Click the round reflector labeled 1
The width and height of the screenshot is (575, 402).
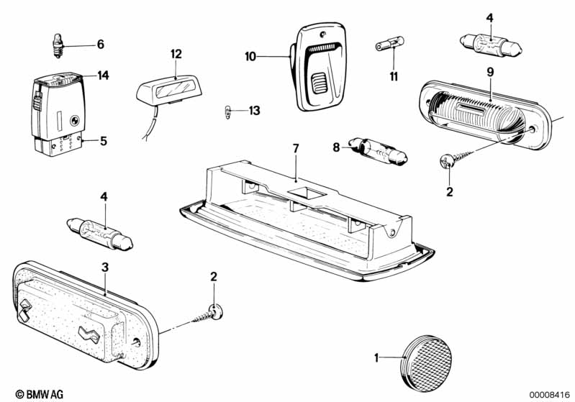pos(427,362)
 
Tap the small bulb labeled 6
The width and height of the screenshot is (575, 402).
pos(57,45)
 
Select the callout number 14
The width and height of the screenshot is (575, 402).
pos(103,76)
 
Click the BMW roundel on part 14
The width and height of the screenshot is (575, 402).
pos(74,119)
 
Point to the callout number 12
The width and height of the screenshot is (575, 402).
pos(176,54)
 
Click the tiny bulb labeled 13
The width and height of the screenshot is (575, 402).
pos(227,111)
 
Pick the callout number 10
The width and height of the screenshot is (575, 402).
pos(250,57)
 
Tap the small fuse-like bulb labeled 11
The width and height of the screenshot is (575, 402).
pos(389,45)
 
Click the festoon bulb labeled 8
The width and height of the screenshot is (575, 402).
pos(379,151)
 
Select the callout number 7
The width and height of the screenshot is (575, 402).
pos(296,148)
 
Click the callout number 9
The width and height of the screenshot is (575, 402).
pos(491,72)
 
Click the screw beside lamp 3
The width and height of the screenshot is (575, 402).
pos(207,314)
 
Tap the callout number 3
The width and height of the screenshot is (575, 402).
pos(105,267)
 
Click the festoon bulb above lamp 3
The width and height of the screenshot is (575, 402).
pos(100,234)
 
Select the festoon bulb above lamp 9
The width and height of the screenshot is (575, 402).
pos(491,45)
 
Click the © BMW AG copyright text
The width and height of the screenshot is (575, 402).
pos(40,394)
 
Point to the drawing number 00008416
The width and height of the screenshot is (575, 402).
pos(550,395)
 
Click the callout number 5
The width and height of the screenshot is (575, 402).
pos(104,141)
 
